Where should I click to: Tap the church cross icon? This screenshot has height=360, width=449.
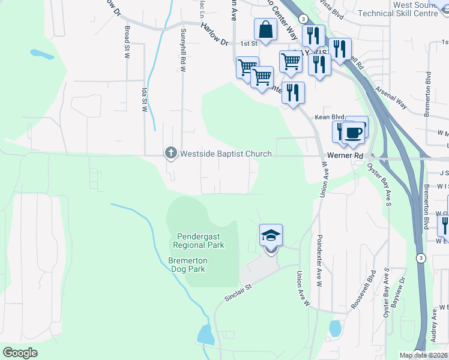pos(170,154)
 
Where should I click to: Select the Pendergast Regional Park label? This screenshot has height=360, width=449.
pos(199,241)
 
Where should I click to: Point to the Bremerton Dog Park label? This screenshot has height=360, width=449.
pos(187,265)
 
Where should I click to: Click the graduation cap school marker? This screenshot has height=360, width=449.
pos(271,235)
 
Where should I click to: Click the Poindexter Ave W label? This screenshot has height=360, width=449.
pos(319,253)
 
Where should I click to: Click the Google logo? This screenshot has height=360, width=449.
pos(20,353)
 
